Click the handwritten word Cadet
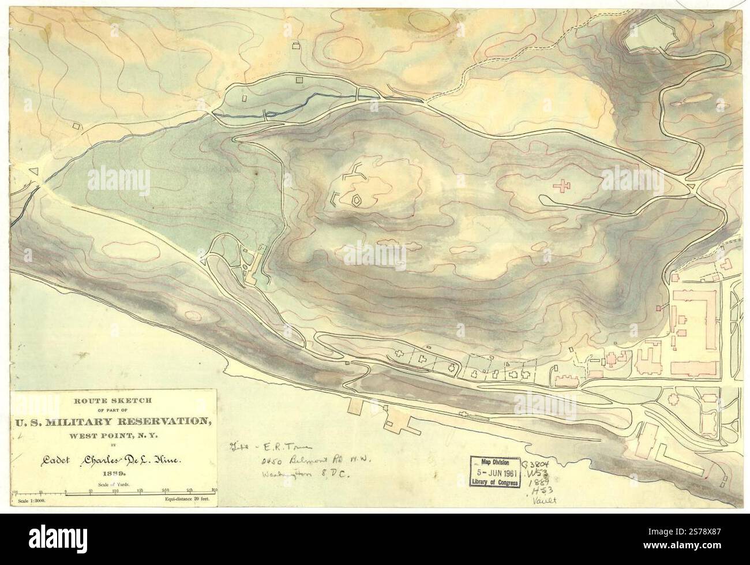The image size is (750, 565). pyautogui.click(x=46, y=455)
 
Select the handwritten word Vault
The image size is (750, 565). pyautogui.click(x=545, y=502)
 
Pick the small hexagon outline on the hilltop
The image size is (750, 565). pyautogui.click(x=357, y=200)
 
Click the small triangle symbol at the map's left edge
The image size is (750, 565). pyautogui.click(x=34, y=171)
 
